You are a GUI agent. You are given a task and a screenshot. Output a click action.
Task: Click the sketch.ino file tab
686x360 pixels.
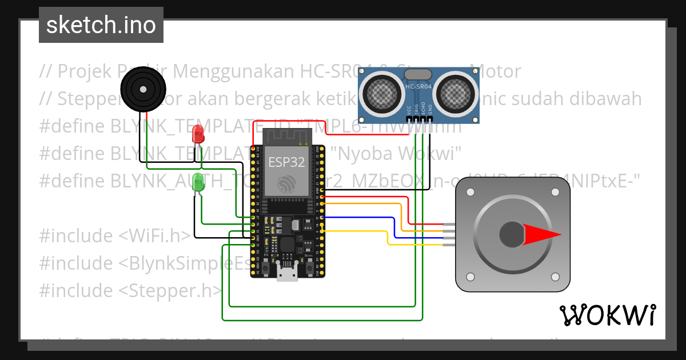pos(101,25)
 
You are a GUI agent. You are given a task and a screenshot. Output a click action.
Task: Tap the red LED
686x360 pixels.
pos(198,134)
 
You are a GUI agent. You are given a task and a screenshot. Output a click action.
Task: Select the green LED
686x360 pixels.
pos(198,183)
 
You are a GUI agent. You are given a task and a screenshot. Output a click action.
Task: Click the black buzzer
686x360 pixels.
pos(143,89)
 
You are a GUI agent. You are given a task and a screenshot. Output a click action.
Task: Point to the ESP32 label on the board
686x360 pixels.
pos(286,162)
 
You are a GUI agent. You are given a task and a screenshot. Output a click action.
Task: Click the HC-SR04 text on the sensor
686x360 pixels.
pos(418,87)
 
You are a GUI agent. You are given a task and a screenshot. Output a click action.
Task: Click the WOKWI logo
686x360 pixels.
pos(607,315)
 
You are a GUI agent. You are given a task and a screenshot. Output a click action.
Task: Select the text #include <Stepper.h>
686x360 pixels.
pos(130,290)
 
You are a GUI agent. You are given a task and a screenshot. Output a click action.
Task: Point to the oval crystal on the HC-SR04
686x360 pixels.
pos(418,74)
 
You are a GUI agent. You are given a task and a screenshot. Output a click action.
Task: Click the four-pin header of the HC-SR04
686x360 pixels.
pos(418,119)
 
